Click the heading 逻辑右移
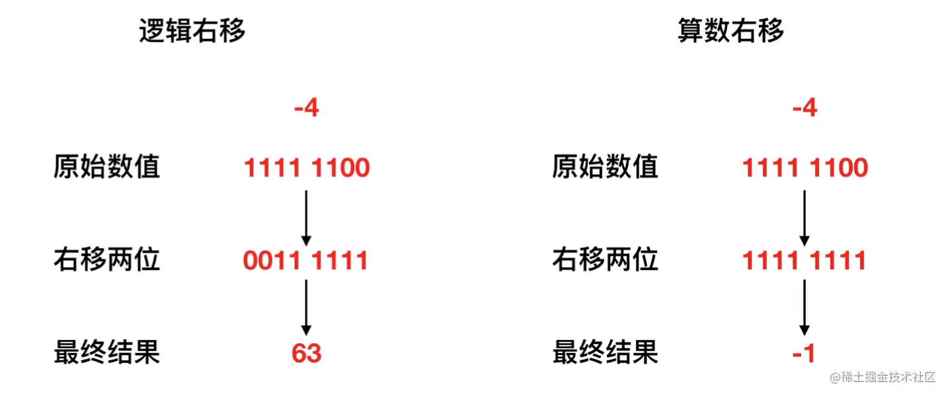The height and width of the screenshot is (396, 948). (192, 31)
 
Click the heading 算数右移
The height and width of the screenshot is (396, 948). (731, 31)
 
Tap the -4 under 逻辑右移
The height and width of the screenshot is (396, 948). (306, 108)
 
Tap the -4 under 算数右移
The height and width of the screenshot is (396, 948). (805, 108)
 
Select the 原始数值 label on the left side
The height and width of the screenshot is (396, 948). (106, 168)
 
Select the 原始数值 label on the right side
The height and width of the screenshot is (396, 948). (605, 168)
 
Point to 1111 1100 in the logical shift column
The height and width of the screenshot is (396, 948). (307, 168)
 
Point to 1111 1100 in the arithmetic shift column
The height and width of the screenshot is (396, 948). (805, 168)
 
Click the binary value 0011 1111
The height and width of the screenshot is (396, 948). (305, 261)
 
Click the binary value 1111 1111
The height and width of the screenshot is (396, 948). (804, 261)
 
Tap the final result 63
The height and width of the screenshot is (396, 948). (306, 354)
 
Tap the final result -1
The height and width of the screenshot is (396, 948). (804, 354)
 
